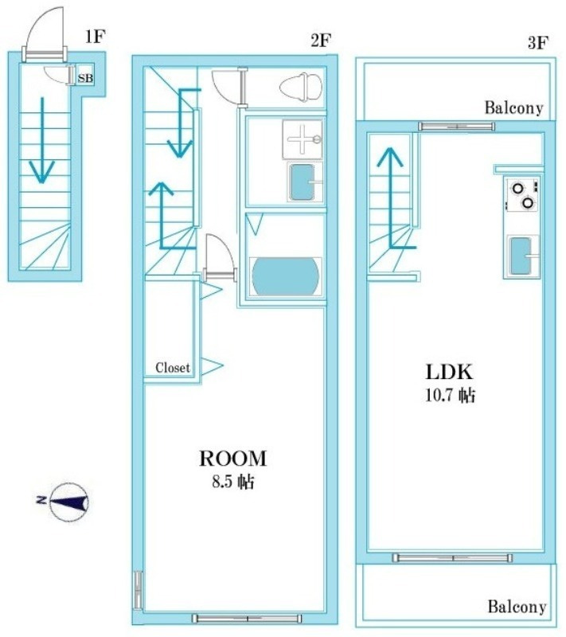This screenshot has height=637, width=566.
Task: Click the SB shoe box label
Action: pos(85,77)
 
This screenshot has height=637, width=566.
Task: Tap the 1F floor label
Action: pos(95,37)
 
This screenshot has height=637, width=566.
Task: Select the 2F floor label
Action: pos(321,41)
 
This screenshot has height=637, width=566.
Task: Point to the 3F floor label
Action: pos(538,42)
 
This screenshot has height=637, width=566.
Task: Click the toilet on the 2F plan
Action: pos(301,87)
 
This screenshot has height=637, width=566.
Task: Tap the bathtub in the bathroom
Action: pos(286,276)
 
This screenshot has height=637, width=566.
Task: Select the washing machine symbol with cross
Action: pos(303,139)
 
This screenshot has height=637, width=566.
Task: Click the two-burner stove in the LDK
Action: pos(522,194)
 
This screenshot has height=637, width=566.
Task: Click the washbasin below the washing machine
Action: pos(305,182)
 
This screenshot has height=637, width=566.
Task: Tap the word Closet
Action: pos(173,368)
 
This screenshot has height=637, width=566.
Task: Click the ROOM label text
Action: pos(233,459)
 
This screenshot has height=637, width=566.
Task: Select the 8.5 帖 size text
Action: pos(233,482)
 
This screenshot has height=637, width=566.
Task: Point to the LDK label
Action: pos(450,372)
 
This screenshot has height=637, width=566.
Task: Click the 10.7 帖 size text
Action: pos(450,395)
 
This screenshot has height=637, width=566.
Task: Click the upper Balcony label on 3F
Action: pos(514,108)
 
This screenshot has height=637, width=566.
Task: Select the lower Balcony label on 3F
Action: pos(517,607)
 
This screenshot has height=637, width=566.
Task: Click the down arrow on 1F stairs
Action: pos(41,140)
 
